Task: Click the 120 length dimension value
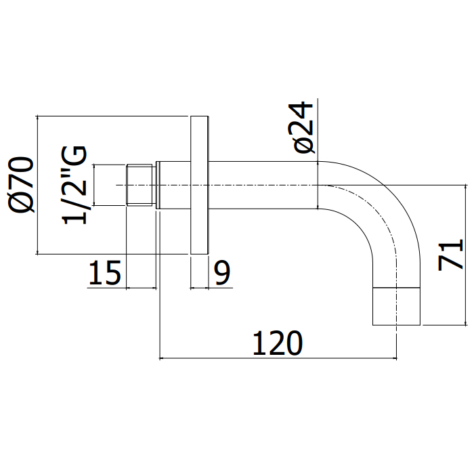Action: [277, 343]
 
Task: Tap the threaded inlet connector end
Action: [142, 185]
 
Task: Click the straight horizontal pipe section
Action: [264, 185]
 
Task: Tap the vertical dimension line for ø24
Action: [318, 185]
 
